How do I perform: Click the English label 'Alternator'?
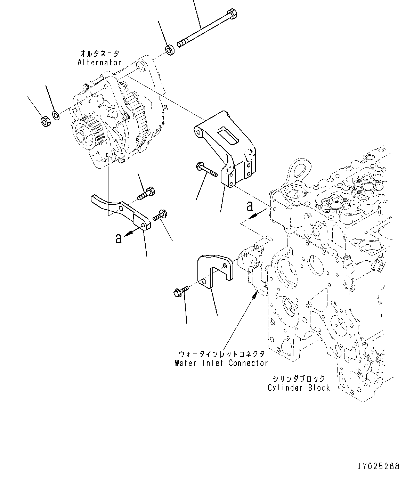pos(99,63)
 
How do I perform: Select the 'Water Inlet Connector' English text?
pos(221,363)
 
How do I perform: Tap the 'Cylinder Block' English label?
pos(299,388)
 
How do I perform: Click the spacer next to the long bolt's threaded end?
pos(170,50)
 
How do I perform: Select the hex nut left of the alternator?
pos(45,122)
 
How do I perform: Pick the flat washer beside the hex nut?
pos(56,115)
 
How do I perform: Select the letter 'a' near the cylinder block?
pos(250,206)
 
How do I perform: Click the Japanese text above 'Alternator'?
pos(99,54)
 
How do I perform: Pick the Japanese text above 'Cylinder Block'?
pos(299,379)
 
